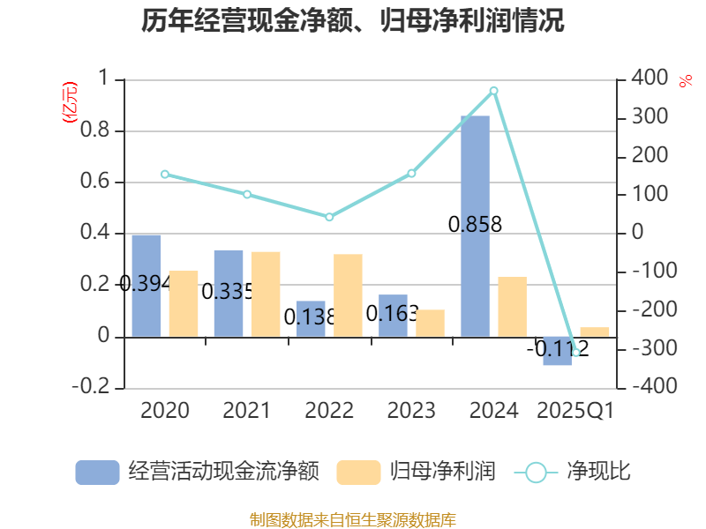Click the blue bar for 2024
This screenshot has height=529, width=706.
(475, 226)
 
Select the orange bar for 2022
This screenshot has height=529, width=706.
(348, 295)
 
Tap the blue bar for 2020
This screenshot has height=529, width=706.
(146, 285)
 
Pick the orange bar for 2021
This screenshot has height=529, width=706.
(266, 294)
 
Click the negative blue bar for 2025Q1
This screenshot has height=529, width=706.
(557, 351)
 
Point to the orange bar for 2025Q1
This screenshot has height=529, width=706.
(595, 332)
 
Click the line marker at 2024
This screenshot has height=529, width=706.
(494, 90)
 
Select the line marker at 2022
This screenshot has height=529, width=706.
(329, 217)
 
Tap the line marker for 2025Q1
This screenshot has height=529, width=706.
(576, 353)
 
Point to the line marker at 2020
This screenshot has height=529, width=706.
(165, 174)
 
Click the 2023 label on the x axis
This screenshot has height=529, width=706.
(411, 411)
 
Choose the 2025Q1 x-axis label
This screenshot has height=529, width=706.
(575, 411)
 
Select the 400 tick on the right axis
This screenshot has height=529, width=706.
(650, 79)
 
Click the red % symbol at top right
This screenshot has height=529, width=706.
(686, 81)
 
